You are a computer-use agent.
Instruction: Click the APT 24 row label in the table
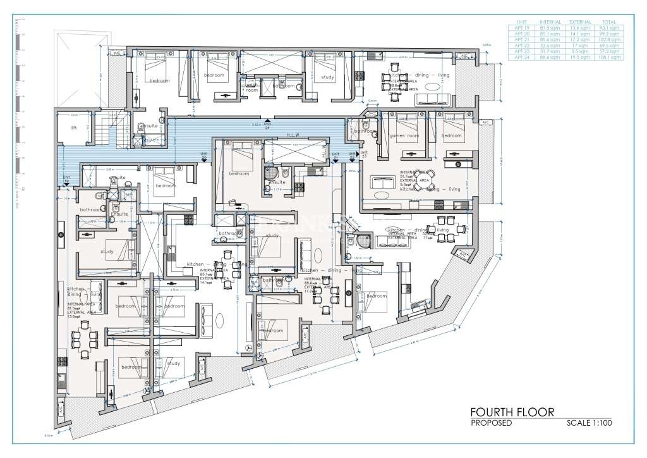tap(521, 57)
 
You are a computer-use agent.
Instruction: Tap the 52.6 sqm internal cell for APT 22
tap(548, 46)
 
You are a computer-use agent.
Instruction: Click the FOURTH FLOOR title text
tap(513, 412)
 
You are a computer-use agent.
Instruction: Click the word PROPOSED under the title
tap(491, 423)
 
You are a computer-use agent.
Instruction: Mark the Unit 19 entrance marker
tap(66, 180)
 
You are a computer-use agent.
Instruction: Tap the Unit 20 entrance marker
tap(204, 156)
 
